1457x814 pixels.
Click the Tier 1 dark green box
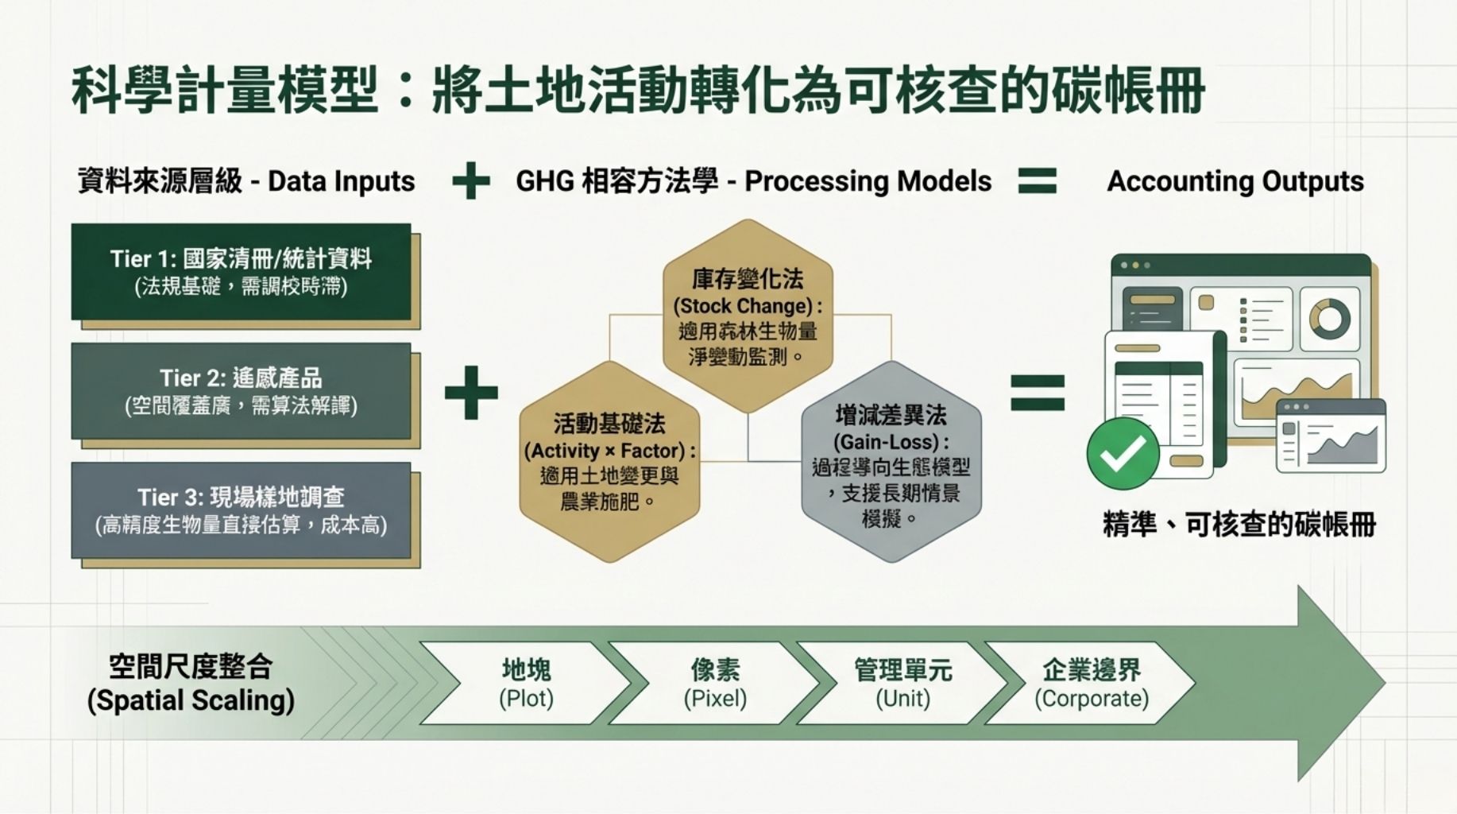click(x=241, y=272)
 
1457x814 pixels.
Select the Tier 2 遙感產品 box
click(x=241, y=391)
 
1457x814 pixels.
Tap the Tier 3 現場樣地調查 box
click(x=241, y=510)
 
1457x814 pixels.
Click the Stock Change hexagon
click(x=748, y=316)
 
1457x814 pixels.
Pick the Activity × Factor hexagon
click(x=609, y=462)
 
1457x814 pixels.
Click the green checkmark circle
click(x=1123, y=453)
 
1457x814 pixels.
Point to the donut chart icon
click(x=1329, y=319)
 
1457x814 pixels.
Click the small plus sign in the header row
click(x=471, y=180)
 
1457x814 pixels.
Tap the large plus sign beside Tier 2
click(x=471, y=392)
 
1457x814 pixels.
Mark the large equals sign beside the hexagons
click(x=1037, y=392)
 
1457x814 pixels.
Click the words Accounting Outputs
click(x=1235, y=181)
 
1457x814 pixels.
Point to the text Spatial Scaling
click(x=191, y=700)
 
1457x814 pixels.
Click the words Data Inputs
click(x=342, y=181)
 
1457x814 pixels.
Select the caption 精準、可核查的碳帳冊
click(x=1239, y=525)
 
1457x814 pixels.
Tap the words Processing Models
click(x=868, y=181)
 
